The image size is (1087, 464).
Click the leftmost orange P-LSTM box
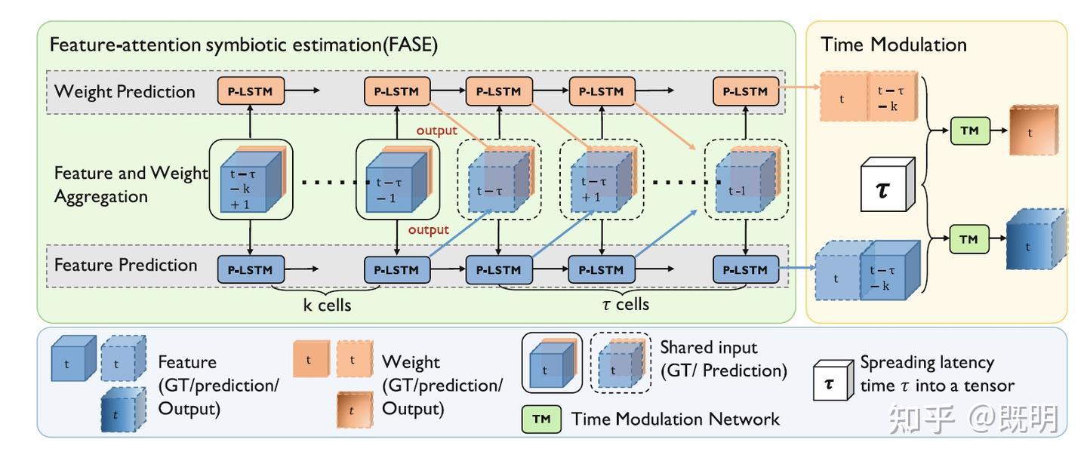point(251,91)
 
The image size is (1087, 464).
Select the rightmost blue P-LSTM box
point(745,269)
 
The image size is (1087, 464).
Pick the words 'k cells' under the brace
point(326,305)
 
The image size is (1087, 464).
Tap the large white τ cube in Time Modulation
point(885,185)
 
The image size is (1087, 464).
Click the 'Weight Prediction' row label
point(125,92)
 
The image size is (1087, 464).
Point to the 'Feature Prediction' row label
point(126,265)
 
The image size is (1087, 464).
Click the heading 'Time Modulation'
point(894,45)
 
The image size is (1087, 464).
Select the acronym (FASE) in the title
point(411,45)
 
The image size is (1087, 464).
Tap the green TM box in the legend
point(541,419)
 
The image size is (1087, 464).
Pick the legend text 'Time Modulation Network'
point(676,419)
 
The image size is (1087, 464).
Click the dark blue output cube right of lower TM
point(1035,241)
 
